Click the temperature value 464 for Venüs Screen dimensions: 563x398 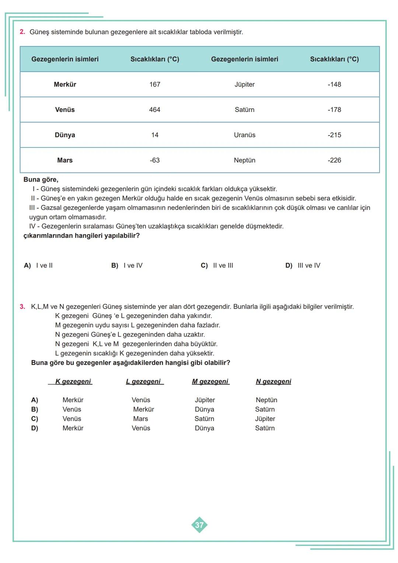click(155, 110)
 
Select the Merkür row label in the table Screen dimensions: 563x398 click(65, 84)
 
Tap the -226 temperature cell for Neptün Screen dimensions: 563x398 click(334, 160)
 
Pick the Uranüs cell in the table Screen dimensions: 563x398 click(244, 135)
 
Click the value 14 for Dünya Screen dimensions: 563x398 click(155, 135)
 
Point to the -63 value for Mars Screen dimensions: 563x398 click(155, 160)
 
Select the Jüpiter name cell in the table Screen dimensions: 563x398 click(244, 84)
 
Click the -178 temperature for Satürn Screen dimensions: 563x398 click(334, 110)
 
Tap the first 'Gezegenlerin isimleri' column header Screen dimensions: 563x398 click(65, 59)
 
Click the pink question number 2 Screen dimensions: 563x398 click(22, 32)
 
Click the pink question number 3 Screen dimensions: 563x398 click(22, 307)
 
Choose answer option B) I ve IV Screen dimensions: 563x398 click(127, 265)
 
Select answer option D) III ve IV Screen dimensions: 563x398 click(303, 265)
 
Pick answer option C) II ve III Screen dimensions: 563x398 click(217, 265)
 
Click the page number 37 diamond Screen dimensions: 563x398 click(199, 525)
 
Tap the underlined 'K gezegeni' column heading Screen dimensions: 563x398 click(73, 382)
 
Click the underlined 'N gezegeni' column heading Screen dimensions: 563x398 click(273, 382)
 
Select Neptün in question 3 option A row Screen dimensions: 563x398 click(266, 400)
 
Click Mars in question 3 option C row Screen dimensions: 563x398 click(140, 419)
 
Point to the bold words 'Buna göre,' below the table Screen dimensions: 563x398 click(41, 180)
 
